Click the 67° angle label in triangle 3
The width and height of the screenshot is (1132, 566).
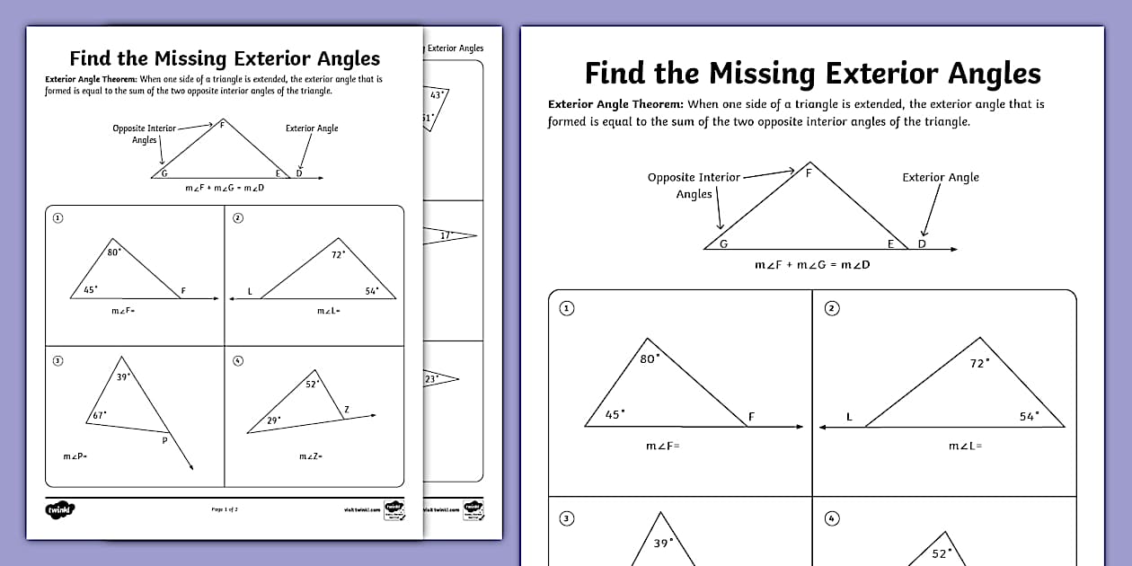pos(98,415)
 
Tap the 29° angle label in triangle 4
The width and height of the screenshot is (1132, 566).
pos(274,420)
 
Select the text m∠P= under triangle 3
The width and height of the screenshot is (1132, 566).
pos(74,457)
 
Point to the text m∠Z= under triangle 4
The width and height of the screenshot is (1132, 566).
pos(311,457)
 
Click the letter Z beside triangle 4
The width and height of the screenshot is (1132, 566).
pos(347,410)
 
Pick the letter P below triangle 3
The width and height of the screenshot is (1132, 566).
pos(164,440)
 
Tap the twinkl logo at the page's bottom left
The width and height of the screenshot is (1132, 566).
pos(59,509)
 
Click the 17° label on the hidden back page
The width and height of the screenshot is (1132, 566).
pos(446,235)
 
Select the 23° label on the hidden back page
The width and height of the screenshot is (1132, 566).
pos(430,379)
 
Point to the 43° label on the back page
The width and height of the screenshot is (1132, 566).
pos(438,94)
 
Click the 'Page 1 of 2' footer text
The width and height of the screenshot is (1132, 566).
pos(225,509)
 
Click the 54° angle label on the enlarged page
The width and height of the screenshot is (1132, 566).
pos(1029,416)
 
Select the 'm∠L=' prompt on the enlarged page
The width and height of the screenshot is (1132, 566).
pos(966,446)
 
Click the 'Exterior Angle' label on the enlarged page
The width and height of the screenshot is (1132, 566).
pos(941,177)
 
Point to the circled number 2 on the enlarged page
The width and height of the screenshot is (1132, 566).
pos(832,308)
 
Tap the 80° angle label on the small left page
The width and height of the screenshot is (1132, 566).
pos(113,252)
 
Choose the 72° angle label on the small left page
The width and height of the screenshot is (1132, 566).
pos(339,254)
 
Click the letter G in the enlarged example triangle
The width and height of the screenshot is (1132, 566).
pos(724,244)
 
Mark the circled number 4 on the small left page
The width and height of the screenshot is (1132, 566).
pos(237,361)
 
